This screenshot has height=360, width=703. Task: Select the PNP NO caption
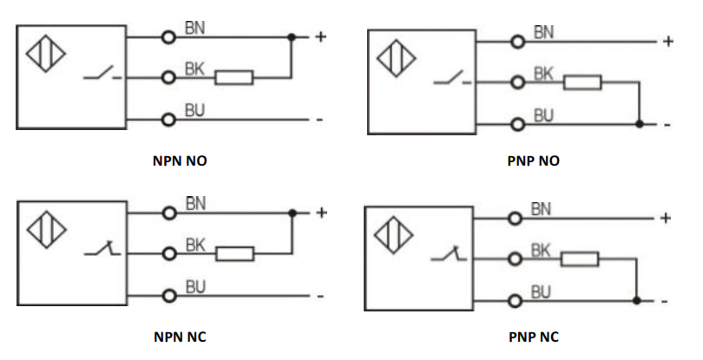coord(534,160)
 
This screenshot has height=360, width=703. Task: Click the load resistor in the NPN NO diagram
coord(233,78)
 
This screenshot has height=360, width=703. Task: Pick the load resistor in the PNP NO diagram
coord(581,83)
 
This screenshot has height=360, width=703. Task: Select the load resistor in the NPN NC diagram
coord(233,254)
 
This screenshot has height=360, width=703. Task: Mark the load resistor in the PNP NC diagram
coord(580,259)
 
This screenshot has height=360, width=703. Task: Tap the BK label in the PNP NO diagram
coord(543,75)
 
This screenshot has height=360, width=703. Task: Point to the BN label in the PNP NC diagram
coord(542,208)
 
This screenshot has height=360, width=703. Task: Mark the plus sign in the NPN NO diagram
coord(320,36)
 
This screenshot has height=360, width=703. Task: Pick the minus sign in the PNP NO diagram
coord(667,125)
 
